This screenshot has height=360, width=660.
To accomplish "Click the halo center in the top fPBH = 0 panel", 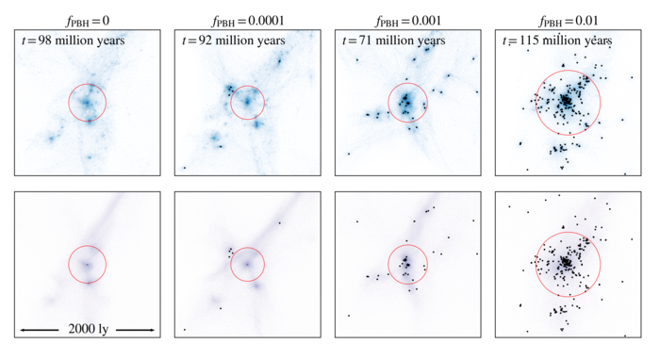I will pos(87,101).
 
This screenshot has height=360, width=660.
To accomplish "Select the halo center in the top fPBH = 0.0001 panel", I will pos(246,100).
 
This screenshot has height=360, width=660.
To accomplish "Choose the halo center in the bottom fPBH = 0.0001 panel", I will pos(247,266).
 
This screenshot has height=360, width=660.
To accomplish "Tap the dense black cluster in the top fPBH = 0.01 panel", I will pos(566,99).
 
